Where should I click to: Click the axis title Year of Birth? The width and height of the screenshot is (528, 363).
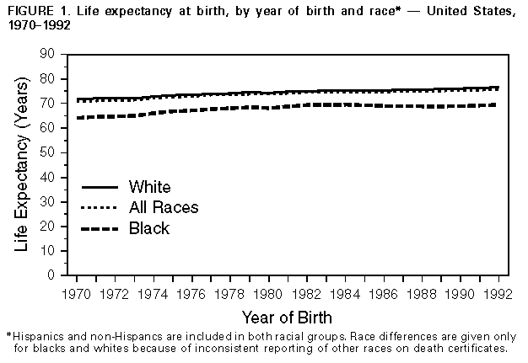287,318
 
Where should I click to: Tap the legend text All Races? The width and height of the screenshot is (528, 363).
164,207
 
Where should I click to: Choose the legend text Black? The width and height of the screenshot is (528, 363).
148,228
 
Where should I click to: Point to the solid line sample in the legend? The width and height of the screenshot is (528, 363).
99,186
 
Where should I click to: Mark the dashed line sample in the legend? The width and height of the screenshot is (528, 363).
99,228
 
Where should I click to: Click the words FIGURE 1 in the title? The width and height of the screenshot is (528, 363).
34,10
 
